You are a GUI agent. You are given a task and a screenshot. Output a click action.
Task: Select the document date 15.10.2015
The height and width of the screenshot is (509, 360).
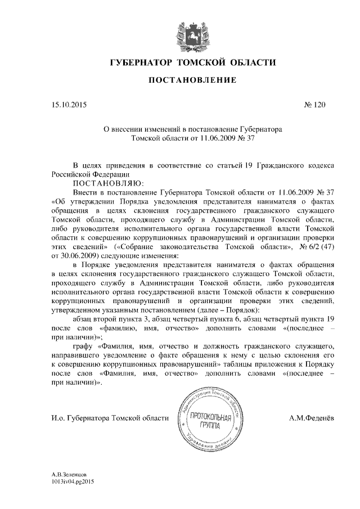click(69, 105)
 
